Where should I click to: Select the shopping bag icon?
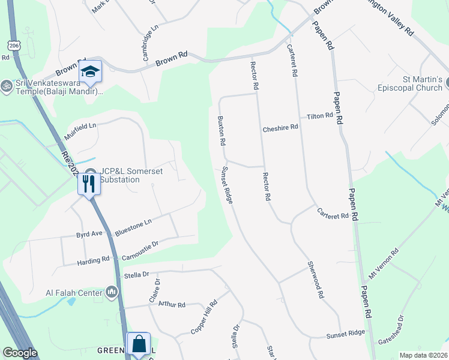(x=139, y=344)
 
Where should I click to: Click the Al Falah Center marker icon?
(x=112, y=292)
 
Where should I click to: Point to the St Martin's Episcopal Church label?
(x=414, y=83)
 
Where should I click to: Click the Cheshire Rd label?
(x=280, y=128)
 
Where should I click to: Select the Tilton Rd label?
(x=320, y=115)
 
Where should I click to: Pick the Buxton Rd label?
(x=221, y=131)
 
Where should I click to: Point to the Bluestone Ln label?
(x=133, y=227)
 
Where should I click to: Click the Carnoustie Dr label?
(x=139, y=249)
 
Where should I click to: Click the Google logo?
(x=20, y=353)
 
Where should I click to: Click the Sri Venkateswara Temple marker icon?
(x=7, y=85)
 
